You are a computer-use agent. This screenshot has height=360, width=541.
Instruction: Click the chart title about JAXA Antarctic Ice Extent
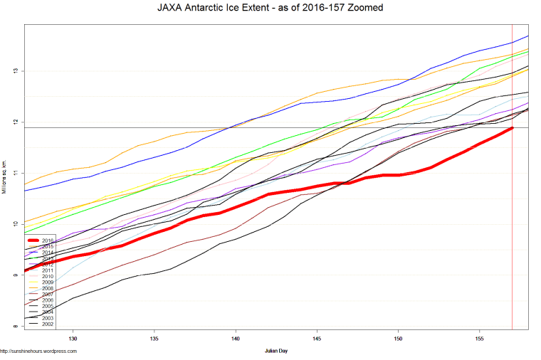[x=270, y=9]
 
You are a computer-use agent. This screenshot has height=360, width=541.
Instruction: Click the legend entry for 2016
[x=48, y=240]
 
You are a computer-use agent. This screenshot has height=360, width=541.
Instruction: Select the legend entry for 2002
[x=48, y=324]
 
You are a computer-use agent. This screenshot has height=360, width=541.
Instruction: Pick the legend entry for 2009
[x=48, y=282]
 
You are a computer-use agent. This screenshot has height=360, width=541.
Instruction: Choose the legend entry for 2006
[x=48, y=300]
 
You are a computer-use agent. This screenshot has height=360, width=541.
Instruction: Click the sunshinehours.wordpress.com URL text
[x=38, y=351]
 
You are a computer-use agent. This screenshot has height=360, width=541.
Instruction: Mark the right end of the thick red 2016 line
[x=513, y=128]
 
